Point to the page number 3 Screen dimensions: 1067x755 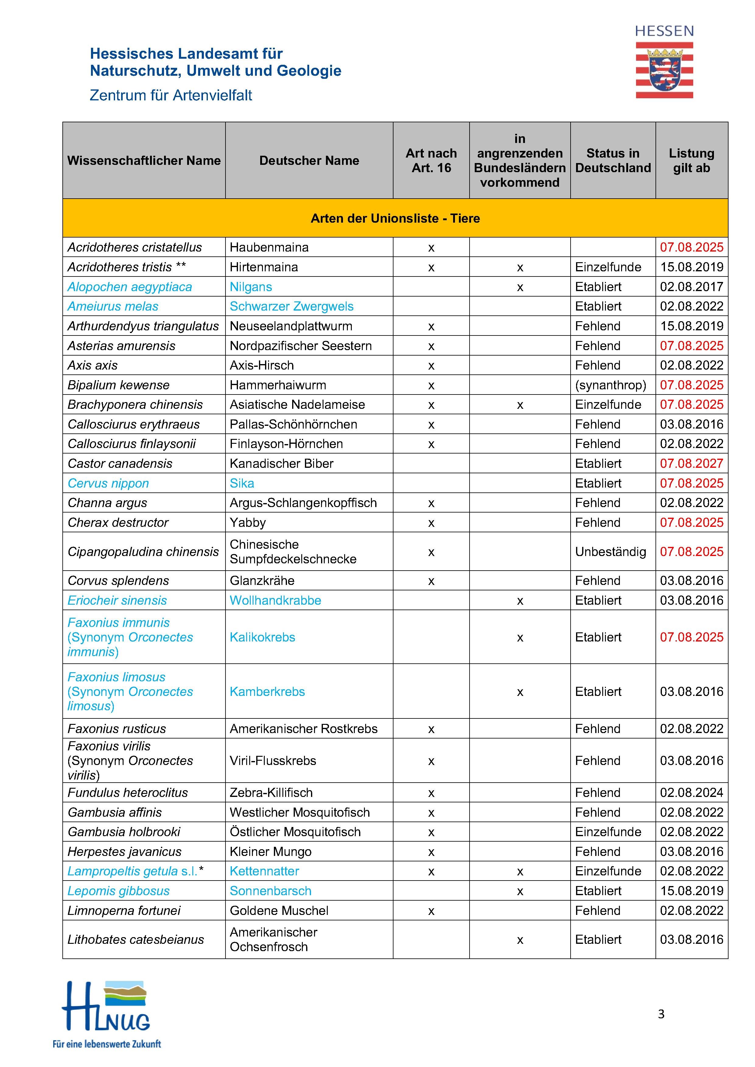pos(661,1014)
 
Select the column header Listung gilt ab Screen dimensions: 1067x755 pos(691,161)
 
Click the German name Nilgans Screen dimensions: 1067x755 pos(250,287)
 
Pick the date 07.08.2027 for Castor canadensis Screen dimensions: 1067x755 pos(691,463)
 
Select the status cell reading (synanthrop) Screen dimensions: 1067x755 pos(610,385)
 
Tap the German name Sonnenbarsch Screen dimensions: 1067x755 pos(270,891)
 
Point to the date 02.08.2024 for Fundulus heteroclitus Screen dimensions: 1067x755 pos(691,792)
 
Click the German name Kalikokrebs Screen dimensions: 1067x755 pos(262,637)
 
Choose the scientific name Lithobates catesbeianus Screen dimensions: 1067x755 pos(136,940)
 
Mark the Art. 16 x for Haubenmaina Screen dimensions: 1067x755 pos(431,248)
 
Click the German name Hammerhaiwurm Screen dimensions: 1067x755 pos(278,385)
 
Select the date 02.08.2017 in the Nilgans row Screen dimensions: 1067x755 pos(691,287)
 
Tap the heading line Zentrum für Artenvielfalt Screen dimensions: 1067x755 pos(171,95)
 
